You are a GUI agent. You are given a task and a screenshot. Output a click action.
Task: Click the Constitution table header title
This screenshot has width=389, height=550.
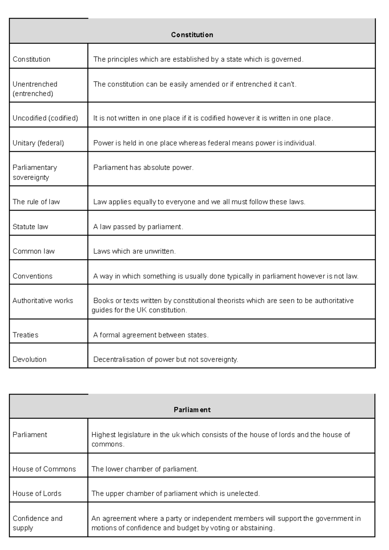coord(192,35)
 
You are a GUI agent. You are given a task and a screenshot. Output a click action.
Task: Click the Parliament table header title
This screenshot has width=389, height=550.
coord(192,410)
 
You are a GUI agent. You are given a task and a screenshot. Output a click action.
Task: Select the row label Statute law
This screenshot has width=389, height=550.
coord(30,227)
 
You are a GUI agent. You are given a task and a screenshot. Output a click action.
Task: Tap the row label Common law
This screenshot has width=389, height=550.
coord(33,251)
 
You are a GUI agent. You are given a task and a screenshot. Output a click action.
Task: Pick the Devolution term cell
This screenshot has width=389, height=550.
coord(29,359)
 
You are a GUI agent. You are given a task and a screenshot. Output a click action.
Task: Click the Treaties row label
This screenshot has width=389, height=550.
coord(25,335)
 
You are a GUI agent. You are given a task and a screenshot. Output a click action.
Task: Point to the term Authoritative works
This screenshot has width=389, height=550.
coord(43,301)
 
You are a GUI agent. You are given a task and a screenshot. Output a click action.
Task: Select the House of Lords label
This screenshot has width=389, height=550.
coord(37,494)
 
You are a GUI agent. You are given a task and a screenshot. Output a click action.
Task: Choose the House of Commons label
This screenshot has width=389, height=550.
coord(44,469)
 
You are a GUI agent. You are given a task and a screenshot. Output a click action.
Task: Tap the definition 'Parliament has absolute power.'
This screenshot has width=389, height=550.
coord(143,168)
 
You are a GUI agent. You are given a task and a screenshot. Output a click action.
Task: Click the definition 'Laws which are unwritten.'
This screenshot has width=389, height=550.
coord(134,251)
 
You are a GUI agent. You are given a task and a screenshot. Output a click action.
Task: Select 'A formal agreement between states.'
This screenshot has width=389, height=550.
coord(151,335)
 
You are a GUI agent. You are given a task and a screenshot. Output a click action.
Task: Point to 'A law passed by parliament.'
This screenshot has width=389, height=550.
coord(138,227)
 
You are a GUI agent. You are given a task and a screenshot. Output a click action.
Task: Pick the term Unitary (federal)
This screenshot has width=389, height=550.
coord(38,143)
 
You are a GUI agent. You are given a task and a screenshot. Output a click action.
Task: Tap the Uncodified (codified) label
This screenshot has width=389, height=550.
coord(45,118)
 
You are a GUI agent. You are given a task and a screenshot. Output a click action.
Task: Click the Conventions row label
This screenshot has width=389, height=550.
coord(32,276)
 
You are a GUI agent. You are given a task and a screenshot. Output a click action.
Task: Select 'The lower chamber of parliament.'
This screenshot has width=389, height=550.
coord(145,469)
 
